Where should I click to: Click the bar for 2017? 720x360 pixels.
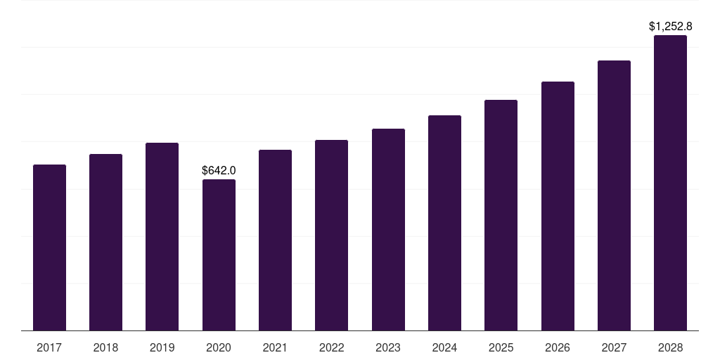(49, 247)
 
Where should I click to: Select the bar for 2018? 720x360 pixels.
(105, 243)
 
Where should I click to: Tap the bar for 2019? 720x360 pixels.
(162, 237)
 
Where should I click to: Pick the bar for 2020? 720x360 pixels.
(219, 255)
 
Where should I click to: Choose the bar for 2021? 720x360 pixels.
(275, 240)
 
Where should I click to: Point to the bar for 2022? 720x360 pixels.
(331, 236)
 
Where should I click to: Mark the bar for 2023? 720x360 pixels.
(388, 230)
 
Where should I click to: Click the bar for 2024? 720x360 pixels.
(444, 223)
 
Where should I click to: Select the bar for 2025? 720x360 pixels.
(501, 215)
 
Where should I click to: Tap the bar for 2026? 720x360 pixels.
(558, 206)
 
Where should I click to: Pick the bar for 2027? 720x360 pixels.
(614, 195)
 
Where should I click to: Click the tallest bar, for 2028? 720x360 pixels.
(670, 183)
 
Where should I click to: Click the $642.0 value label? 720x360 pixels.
(219, 170)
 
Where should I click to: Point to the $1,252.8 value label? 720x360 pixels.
(670, 27)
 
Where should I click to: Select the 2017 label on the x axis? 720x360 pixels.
(49, 347)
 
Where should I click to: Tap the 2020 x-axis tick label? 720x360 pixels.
(219, 347)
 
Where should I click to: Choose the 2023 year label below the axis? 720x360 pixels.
(388, 347)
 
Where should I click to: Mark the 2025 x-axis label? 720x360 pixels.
(501, 347)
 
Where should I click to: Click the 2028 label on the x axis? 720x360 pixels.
(670, 347)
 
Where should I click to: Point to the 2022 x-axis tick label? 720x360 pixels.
(331, 347)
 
